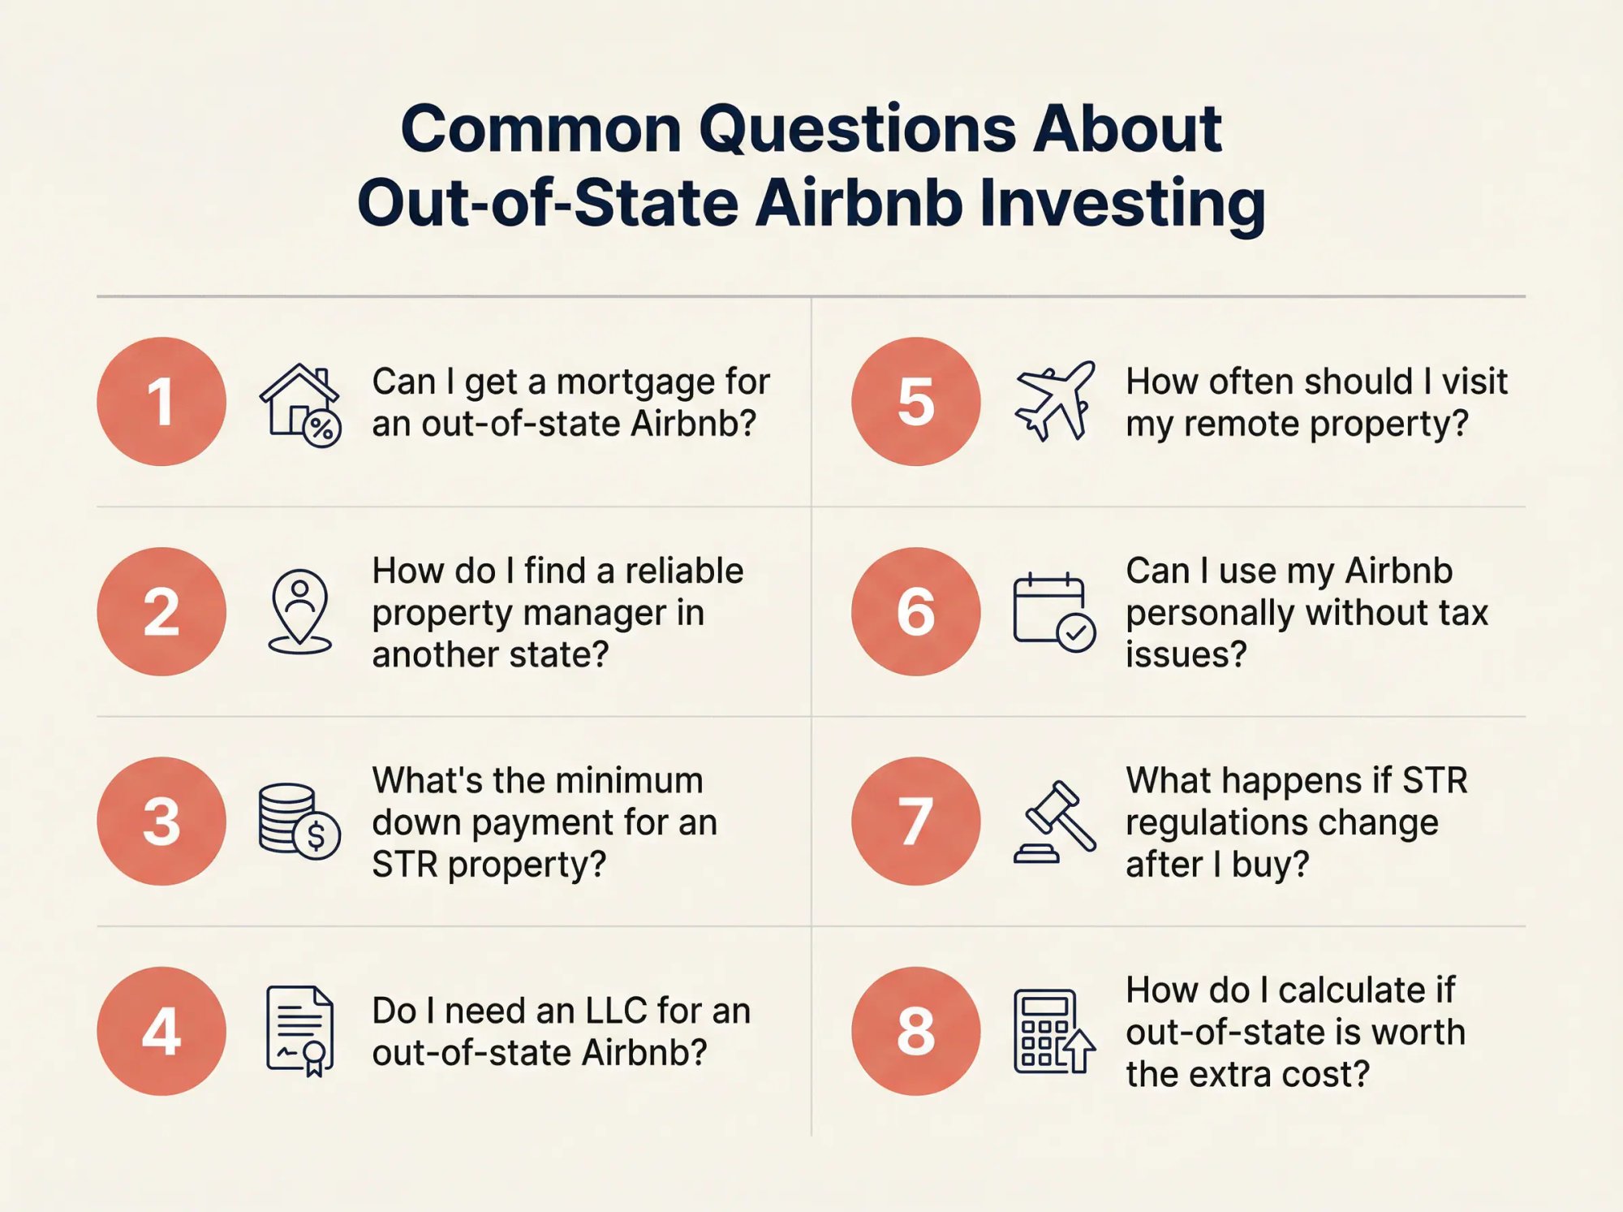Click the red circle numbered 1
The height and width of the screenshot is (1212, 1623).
pyautogui.click(x=161, y=401)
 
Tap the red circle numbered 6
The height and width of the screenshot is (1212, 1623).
pyautogui.click(x=915, y=611)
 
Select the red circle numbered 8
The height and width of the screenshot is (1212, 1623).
pyautogui.click(x=915, y=1031)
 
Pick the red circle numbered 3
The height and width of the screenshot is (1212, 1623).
pyautogui.click(x=161, y=821)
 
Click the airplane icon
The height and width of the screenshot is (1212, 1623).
pyautogui.click(x=1054, y=401)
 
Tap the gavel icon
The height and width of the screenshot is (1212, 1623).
pyautogui.click(x=1054, y=821)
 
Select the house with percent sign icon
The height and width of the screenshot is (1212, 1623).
pyautogui.click(x=299, y=404)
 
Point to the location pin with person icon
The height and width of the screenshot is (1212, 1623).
pyautogui.click(x=299, y=611)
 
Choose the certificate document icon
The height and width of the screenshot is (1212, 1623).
pyautogui.click(x=299, y=1031)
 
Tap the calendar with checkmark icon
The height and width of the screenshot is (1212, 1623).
pyautogui.click(x=1054, y=612)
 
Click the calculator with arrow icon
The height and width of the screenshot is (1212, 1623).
pyautogui.click(x=1054, y=1031)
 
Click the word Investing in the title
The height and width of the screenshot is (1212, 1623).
pyautogui.click(x=1121, y=203)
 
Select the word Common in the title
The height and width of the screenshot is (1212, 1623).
pyautogui.click(x=540, y=129)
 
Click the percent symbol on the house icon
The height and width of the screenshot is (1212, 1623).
pyautogui.click(x=322, y=429)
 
